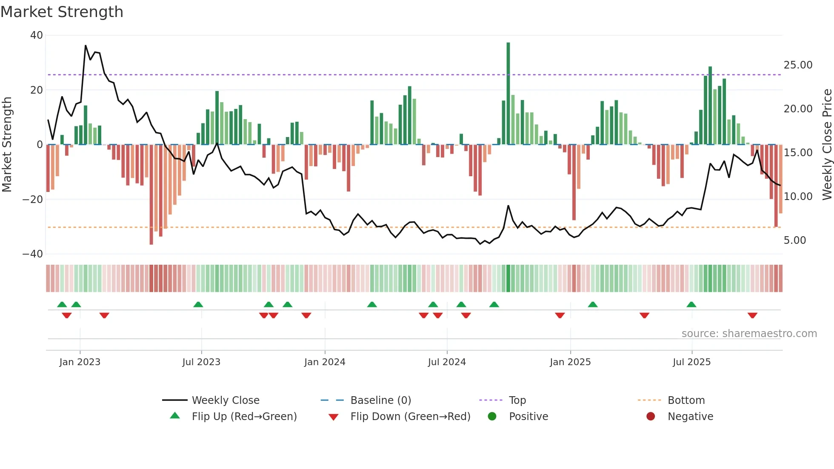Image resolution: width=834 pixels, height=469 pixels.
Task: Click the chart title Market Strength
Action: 62,12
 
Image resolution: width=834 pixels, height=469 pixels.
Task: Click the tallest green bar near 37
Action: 508,94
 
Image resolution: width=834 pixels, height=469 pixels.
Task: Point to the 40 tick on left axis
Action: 37,35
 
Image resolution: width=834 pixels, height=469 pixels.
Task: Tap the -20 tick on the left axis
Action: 33,199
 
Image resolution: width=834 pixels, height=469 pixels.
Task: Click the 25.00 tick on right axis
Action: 798,65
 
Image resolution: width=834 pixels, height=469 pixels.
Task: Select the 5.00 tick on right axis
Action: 794,240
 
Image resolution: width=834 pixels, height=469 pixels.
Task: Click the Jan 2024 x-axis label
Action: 325,362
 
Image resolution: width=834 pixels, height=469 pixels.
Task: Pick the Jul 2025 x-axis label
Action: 691,362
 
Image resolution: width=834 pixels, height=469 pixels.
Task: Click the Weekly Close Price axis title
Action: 827,145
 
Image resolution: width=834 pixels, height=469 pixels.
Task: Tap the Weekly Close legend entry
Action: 225,400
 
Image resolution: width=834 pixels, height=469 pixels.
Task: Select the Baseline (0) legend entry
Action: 380,400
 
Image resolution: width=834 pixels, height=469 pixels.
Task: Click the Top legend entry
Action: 517,400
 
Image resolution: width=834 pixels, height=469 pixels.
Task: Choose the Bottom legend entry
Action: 686,400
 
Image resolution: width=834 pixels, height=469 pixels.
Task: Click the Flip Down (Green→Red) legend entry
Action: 410,417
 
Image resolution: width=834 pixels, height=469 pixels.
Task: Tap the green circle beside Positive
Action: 492,417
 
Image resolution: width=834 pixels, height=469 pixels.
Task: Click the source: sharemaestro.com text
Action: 749,334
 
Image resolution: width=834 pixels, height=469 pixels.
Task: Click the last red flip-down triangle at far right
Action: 752,315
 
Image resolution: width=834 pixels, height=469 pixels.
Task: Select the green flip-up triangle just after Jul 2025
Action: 691,304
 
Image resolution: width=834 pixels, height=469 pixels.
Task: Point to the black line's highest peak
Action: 86,46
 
